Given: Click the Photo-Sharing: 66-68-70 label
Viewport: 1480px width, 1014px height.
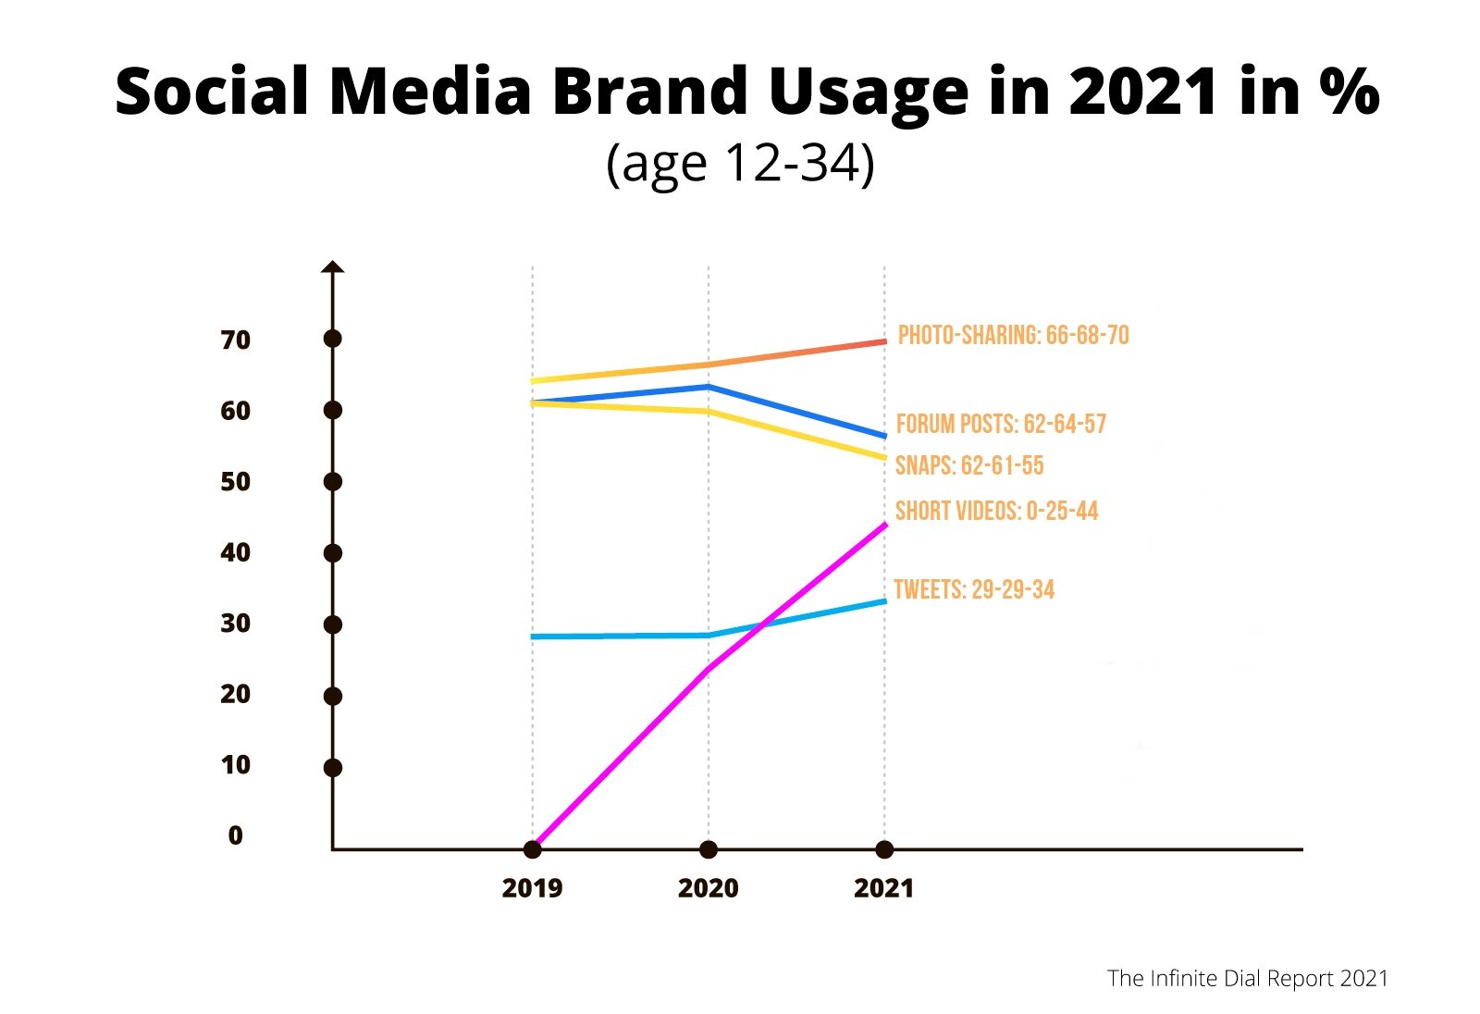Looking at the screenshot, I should [1013, 335].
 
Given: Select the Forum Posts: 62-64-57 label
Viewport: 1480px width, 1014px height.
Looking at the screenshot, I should [1001, 424].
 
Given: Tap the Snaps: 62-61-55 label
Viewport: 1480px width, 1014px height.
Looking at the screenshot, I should [968, 465].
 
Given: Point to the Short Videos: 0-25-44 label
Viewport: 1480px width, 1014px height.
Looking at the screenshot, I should [996, 511].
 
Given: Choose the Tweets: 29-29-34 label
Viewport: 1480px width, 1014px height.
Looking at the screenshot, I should [974, 589].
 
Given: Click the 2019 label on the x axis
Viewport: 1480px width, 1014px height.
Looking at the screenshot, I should [532, 888].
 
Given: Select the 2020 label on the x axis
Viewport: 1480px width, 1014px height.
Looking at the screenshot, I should [708, 888].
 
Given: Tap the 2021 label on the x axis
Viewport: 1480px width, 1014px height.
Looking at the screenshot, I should [883, 888].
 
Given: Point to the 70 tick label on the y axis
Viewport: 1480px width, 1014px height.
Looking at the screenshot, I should [235, 340].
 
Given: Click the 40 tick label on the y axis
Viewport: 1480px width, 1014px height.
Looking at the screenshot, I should [235, 552].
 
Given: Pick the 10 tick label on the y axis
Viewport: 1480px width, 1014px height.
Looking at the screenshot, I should [235, 765].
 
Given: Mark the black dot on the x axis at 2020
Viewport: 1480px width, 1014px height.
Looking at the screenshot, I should [709, 849].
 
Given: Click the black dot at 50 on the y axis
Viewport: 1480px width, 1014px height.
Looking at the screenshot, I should [333, 481].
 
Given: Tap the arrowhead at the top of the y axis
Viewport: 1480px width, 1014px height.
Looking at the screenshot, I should [333, 267].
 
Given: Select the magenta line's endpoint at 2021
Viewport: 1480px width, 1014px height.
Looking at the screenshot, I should [885, 526].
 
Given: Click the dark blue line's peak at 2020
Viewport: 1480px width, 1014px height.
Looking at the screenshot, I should [709, 387].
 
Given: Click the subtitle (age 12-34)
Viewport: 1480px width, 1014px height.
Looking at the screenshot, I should [740, 164].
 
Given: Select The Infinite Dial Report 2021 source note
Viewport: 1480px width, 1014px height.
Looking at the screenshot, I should [1247, 978].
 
